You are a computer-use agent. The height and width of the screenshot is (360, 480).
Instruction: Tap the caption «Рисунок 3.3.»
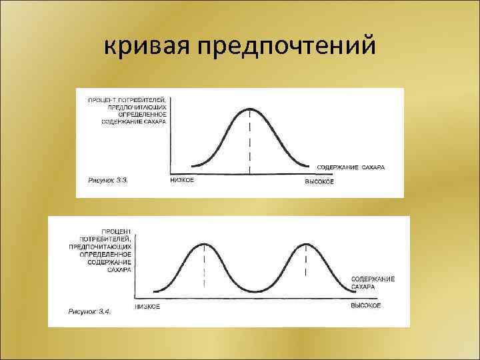pos(107,181)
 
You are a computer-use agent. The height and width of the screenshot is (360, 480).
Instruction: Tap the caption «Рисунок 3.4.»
pos(89,311)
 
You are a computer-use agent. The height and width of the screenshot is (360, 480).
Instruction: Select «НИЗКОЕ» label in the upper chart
pos(182,181)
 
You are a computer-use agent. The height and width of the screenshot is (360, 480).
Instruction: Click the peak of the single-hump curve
pos(250,109)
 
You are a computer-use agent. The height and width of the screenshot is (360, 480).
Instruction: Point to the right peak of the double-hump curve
pos(305,245)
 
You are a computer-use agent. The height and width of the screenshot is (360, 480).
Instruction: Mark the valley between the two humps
pos(255,291)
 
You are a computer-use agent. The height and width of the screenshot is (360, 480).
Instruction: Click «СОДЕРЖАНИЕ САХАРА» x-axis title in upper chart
pos(351,166)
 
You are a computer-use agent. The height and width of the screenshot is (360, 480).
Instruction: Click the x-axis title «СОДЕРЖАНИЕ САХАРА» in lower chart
pos(373,283)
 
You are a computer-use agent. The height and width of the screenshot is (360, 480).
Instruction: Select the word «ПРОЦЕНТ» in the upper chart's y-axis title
pos(101,100)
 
